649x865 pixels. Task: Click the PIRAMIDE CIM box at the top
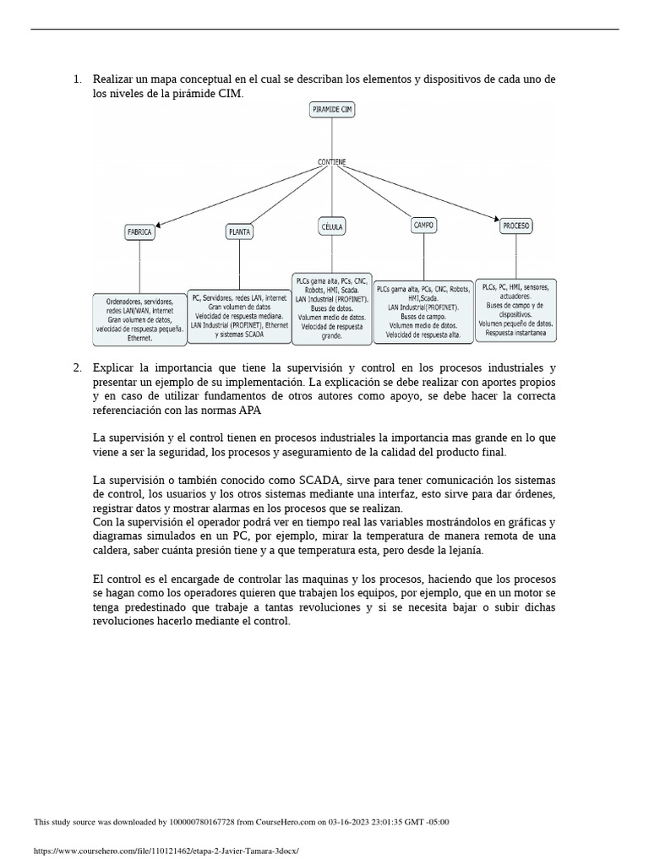(332, 110)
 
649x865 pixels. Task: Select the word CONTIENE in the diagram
(332, 161)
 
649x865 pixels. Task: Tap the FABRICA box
(139, 231)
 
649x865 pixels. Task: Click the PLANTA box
(240, 231)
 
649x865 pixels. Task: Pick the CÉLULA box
(332, 226)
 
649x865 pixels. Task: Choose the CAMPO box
(423, 226)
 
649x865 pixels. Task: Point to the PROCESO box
(515, 226)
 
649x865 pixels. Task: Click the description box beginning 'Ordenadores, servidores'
(139, 318)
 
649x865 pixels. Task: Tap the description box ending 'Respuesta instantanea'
(515, 310)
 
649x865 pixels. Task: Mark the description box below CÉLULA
(332, 307)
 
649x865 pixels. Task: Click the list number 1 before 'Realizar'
(77, 79)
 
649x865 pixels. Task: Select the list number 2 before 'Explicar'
(77, 367)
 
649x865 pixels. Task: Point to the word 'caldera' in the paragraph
(112, 550)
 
